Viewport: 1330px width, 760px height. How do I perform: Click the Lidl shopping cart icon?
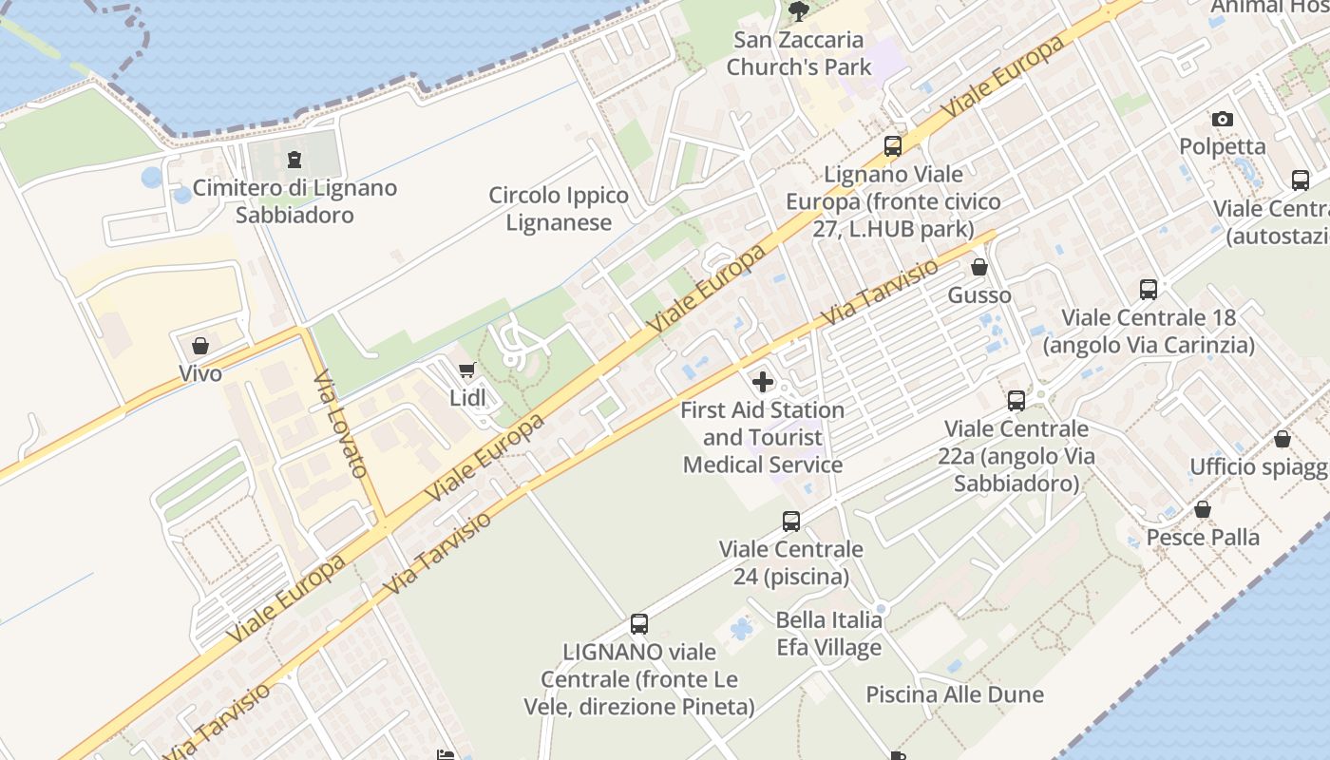point(466,370)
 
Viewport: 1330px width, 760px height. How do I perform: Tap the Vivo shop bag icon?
point(200,346)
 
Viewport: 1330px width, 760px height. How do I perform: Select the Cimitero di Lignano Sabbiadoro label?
point(294,201)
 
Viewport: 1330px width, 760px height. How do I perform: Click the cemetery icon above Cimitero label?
point(294,159)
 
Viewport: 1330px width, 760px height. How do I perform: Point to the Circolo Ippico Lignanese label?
point(559,209)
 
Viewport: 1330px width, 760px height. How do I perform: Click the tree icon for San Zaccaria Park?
point(798,11)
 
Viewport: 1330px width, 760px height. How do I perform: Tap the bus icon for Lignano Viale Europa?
point(893,146)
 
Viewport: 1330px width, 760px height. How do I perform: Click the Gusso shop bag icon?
point(979,267)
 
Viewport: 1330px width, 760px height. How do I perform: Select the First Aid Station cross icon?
point(763,382)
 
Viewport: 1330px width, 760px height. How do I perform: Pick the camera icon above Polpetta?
point(1223,119)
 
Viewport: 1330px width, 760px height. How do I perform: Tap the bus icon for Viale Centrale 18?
point(1149,290)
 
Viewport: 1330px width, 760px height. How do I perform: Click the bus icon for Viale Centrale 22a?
point(1016,401)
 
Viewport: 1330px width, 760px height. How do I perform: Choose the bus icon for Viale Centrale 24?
point(791,521)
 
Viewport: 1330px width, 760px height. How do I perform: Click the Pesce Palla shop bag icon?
point(1203,510)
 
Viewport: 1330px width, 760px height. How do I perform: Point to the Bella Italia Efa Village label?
point(829,634)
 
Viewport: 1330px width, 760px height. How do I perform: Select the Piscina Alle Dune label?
point(955,694)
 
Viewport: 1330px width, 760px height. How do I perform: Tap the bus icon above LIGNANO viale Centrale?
point(639,624)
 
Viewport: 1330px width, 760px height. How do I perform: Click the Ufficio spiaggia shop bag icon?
point(1282,439)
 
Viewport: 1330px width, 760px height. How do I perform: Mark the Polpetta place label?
point(1223,146)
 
